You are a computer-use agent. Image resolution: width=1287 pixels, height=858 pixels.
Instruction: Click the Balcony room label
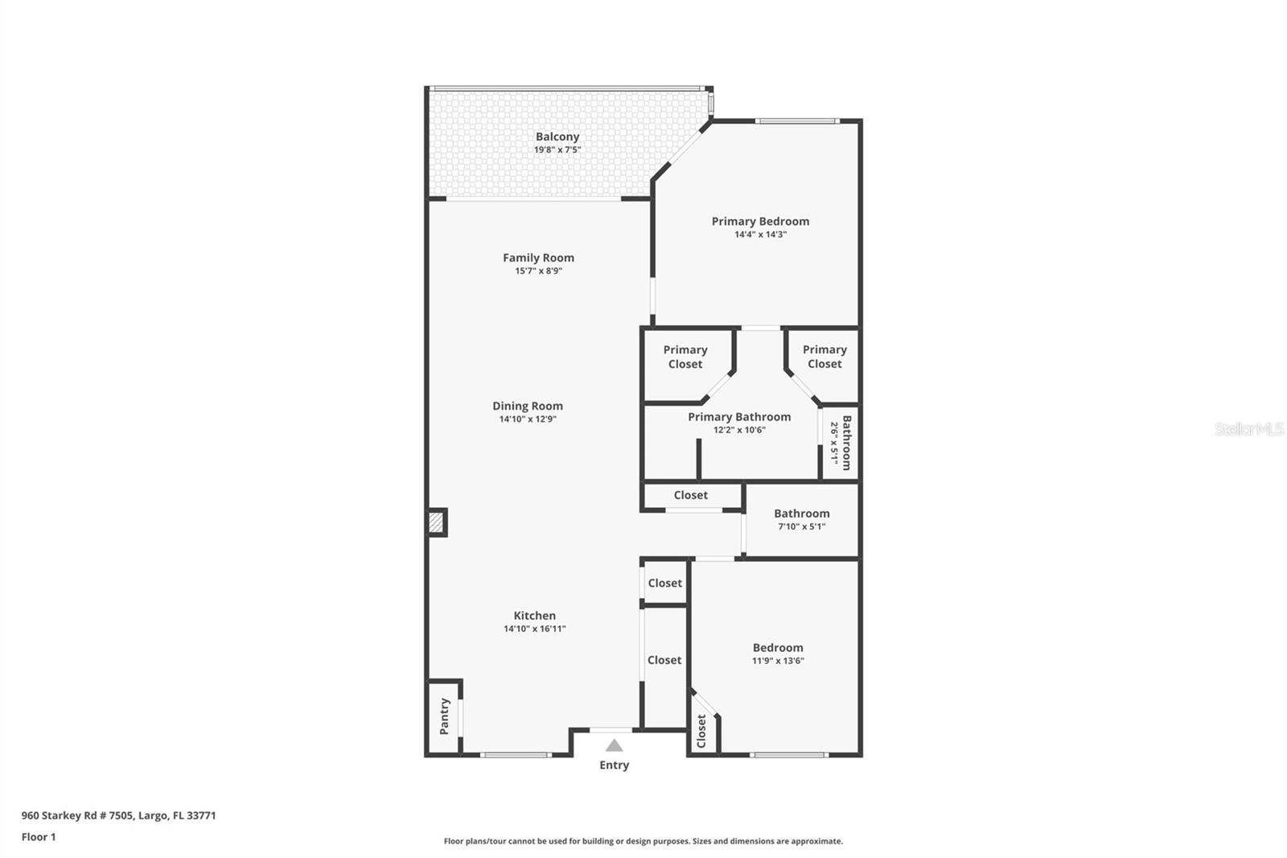click(x=557, y=137)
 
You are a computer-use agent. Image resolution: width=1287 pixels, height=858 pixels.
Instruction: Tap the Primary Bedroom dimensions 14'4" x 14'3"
click(x=760, y=235)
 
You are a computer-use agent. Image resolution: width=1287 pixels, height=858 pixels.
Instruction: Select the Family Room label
click(x=538, y=258)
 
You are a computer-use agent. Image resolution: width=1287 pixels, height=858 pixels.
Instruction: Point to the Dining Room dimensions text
click(x=528, y=419)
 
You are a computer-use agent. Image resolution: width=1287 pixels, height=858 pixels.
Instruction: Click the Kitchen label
click(x=534, y=616)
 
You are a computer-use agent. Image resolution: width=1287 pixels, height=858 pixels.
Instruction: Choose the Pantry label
click(x=444, y=716)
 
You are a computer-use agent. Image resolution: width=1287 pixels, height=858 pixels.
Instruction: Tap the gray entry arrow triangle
click(x=614, y=745)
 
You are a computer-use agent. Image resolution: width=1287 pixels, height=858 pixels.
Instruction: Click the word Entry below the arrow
click(x=614, y=765)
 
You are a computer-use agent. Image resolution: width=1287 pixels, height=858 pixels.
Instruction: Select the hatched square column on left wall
click(x=436, y=523)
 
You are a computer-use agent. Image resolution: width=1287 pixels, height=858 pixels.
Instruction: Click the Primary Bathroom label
click(x=739, y=417)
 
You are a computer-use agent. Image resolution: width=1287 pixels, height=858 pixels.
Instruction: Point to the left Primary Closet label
click(x=685, y=357)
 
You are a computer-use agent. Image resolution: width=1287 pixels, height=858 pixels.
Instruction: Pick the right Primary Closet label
click(x=824, y=357)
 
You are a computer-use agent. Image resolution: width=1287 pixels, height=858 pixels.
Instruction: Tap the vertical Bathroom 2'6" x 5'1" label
click(x=841, y=443)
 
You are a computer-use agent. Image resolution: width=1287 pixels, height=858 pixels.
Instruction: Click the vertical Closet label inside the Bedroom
click(x=701, y=731)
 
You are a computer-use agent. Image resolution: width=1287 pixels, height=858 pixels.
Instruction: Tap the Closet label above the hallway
click(x=690, y=495)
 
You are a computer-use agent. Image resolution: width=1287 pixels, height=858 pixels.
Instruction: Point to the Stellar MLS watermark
click(x=1248, y=429)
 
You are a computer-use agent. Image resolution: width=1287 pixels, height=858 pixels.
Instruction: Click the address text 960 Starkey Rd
click(x=118, y=815)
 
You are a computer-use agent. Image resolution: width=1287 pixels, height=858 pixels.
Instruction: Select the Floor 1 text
click(x=39, y=837)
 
